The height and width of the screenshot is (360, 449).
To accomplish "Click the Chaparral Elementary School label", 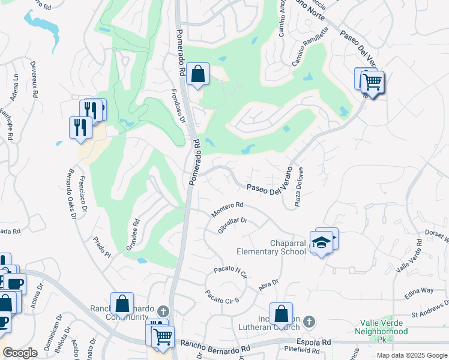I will (x=263, y=247).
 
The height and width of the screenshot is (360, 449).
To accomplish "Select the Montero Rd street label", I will (x=226, y=209).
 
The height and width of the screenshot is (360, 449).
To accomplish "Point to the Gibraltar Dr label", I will (x=234, y=225).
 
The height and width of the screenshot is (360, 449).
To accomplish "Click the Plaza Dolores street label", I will (x=299, y=187).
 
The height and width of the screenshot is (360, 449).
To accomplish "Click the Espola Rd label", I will (x=318, y=343).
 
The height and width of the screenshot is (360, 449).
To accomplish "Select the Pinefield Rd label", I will (x=304, y=349).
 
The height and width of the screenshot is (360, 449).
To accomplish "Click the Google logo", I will (x=20, y=353).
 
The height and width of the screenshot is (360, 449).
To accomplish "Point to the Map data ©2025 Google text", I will (x=411, y=355).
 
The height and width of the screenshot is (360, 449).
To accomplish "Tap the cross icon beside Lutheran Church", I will (x=309, y=322).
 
